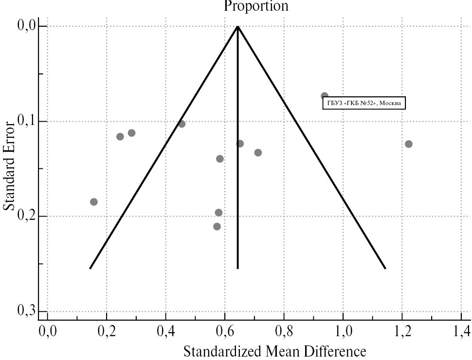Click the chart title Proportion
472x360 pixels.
[x=256, y=6]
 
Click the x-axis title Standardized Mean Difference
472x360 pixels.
[x=274, y=351]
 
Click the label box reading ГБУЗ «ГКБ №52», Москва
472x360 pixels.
[x=364, y=103]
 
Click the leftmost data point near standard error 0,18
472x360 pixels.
[x=94, y=202]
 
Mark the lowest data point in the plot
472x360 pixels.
[x=217, y=226]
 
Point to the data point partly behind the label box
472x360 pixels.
[x=325, y=96]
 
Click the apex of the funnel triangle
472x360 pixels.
[x=237, y=26]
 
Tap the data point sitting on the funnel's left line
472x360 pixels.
[x=182, y=124]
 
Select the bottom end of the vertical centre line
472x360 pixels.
[x=237, y=268]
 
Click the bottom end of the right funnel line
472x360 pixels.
[x=385, y=268]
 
